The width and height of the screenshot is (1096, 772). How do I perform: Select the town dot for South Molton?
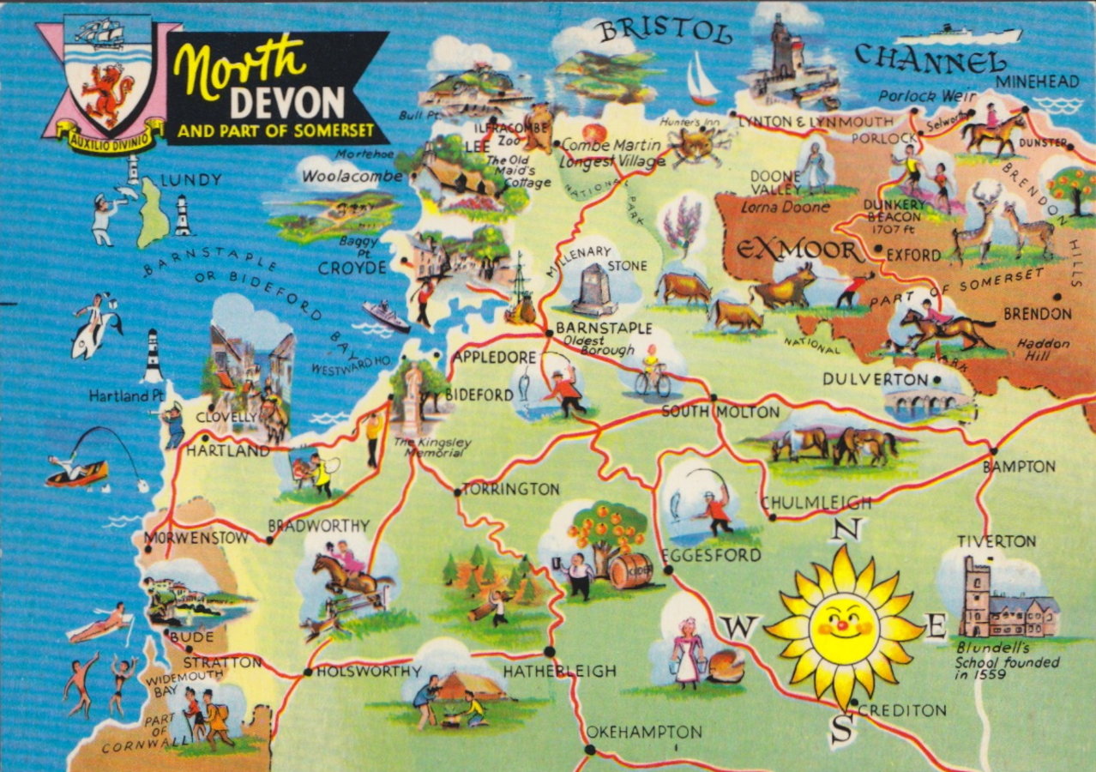(x=714, y=397)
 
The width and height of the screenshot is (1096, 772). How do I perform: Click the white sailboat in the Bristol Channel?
(x=701, y=79)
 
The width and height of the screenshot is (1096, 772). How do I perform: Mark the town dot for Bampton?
(x=993, y=449)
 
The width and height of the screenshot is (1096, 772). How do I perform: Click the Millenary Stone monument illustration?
(x=595, y=290)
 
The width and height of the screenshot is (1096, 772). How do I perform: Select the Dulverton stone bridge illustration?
(x=918, y=403)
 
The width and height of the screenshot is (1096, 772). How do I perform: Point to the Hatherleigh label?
(x=559, y=671)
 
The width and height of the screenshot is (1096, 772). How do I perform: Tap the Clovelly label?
(x=226, y=418)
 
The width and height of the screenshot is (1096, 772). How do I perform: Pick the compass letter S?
(x=842, y=730)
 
